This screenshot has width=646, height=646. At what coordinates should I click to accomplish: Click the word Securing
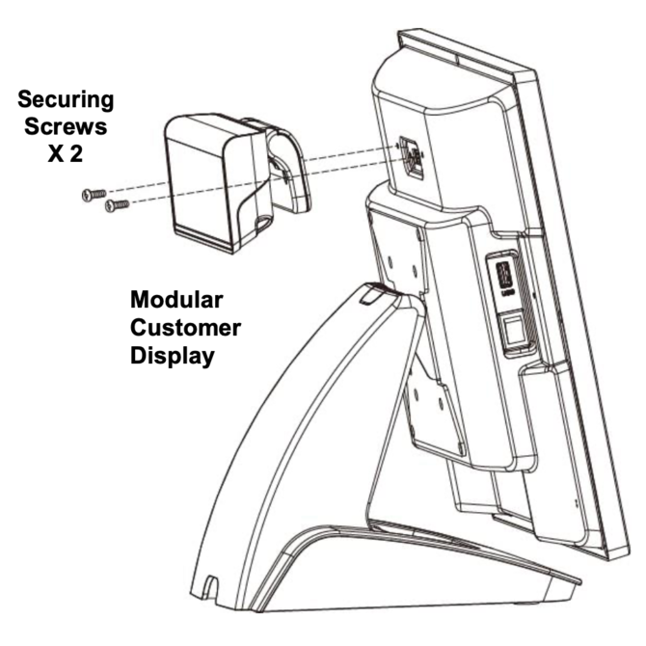(66, 100)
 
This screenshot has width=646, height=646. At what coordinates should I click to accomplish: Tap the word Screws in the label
(66, 126)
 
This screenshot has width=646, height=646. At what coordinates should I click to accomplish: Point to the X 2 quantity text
(66, 153)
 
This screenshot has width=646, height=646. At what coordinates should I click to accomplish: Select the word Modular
(176, 300)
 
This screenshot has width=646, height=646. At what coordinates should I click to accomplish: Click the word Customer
(185, 328)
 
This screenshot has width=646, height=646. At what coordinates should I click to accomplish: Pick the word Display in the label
(173, 356)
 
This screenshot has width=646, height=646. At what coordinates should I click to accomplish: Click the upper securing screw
(94, 194)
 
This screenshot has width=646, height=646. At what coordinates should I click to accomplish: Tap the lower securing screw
(117, 204)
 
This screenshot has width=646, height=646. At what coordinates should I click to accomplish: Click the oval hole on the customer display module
(262, 224)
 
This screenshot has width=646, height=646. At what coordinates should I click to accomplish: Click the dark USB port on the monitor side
(505, 274)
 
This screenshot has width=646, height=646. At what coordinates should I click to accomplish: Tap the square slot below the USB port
(513, 331)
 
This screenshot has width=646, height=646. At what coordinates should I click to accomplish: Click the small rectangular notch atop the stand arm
(369, 293)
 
